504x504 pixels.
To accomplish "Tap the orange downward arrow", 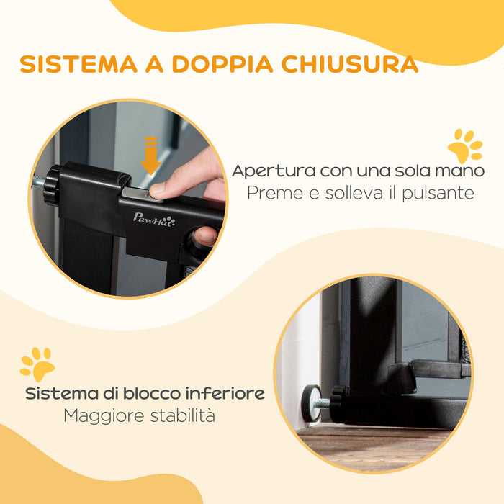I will point(150,156).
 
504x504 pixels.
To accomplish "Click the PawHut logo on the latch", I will point(153,218).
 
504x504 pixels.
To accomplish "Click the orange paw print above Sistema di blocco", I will point(37,364).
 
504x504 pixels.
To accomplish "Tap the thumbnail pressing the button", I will point(161,188).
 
